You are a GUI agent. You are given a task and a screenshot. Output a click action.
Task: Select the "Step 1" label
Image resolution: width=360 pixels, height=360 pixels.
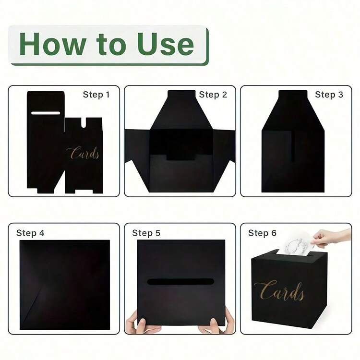click(96, 95)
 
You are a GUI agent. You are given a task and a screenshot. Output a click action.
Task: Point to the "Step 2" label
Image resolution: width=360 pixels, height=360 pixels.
click(213, 95)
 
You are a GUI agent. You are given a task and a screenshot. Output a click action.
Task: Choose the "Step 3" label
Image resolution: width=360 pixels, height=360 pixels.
click(329, 95)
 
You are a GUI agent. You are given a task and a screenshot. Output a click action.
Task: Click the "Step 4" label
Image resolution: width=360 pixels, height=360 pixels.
click(30, 233)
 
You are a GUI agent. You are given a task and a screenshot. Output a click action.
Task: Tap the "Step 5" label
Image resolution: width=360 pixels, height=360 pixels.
click(146, 233)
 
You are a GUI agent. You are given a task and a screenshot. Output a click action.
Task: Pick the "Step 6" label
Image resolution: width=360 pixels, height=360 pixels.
click(263, 233)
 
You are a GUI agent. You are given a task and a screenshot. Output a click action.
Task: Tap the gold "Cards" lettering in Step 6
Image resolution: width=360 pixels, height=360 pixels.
click(279, 291)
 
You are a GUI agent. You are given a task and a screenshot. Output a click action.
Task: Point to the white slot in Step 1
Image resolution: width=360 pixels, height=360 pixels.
click(46, 113)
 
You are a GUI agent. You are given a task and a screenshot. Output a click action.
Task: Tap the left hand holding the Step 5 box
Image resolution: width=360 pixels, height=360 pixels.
click(139, 323)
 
